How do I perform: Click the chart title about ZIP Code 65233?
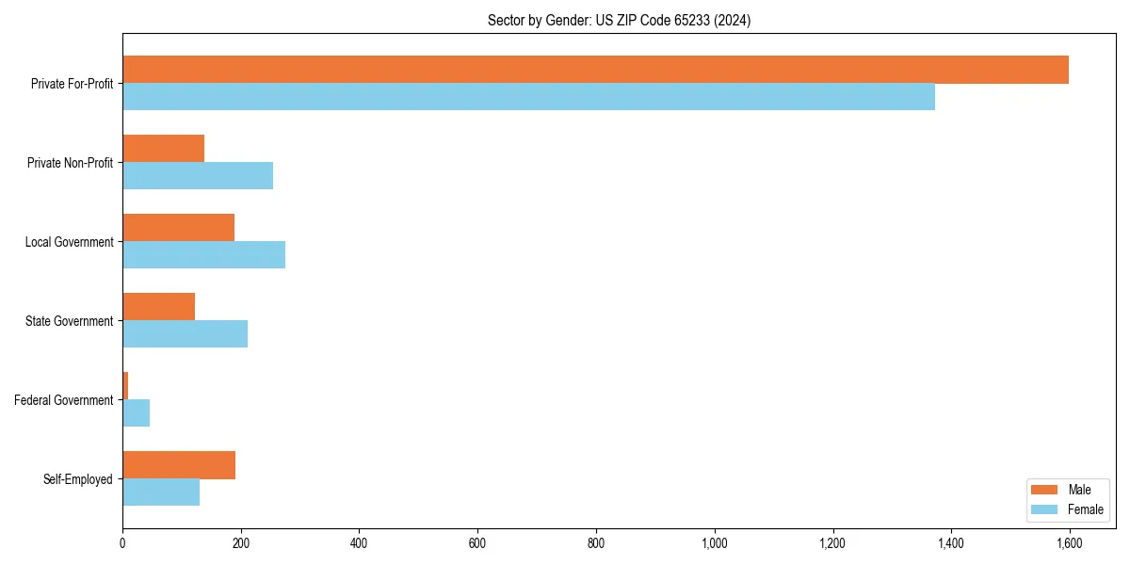tap(619, 20)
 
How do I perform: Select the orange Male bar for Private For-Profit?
tap(595, 70)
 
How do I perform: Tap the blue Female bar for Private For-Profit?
tap(528, 97)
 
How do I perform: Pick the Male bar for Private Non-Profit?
tap(164, 149)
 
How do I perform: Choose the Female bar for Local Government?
tap(203, 255)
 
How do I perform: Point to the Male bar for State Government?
tap(158, 307)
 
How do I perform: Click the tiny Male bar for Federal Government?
tap(125, 386)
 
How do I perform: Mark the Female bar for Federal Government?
tap(137, 413)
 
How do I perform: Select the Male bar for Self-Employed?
tap(179, 465)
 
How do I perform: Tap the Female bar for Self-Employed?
tap(161, 492)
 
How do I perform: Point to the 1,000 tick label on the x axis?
tap(714, 543)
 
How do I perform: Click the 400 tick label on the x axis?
tap(359, 543)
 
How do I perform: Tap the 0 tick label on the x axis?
tap(122, 543)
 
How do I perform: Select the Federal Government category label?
tap(64, 400)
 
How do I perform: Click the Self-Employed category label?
tap(78, 479)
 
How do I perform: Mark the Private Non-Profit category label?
tap(70, 163)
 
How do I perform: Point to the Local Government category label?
tap(69, 242)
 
